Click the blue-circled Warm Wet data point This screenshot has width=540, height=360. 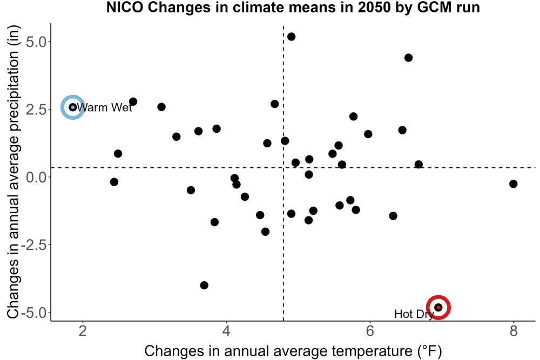click(x=73, y=107)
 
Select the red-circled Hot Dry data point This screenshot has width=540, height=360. click(x=438, y=307)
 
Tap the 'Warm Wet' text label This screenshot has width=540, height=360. click(x=104, y=108)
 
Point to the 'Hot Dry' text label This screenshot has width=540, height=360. click(x=414, y=314)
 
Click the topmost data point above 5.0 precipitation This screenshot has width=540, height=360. click(x=292, y=37)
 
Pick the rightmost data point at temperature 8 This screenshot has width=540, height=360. click(x=513, y=184)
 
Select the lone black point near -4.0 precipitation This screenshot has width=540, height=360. click(x=204, y=286)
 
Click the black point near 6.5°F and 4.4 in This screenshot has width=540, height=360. click(x=408, y=58)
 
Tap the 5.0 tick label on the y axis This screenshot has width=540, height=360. click(x=36, y=42)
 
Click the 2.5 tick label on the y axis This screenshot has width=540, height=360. click(x=36, y=110)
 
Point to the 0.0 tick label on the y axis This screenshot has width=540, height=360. click(x=36, y=178)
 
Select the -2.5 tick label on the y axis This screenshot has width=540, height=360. click(x=33, y=246)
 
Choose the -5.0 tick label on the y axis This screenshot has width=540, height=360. click(x=33, y=313)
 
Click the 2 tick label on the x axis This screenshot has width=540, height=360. click(x=83, y=331)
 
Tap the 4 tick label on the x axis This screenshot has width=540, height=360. click(x=226, y=331)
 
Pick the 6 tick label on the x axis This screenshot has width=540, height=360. click(x=370, y=331)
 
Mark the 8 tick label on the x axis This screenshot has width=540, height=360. click(x=514, y=331)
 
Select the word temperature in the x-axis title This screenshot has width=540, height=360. click(x=372, y=351)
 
